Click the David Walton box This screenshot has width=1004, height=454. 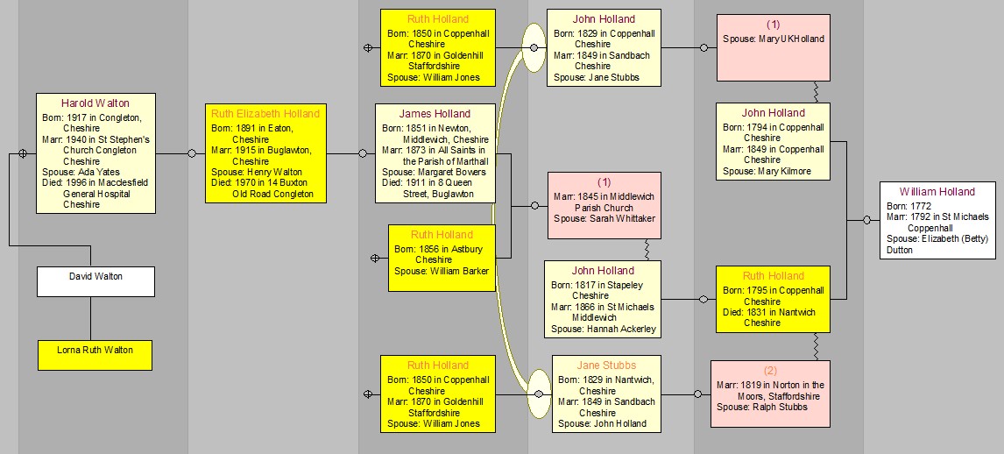[95, 281]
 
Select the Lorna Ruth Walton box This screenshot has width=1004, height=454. [95, 355]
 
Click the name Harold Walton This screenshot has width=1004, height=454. [95, 103]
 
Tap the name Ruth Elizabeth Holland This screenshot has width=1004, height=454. [265, 114]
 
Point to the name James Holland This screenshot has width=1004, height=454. [435, 114]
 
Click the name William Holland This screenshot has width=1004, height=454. [937, 192]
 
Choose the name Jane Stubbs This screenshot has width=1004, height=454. [606, 365]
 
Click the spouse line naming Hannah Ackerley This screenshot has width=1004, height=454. [603, 330]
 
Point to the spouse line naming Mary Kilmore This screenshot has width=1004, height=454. [767, 172]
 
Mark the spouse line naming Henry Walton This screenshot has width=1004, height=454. [256, 173]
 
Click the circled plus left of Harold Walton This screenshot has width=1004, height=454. [23, 153]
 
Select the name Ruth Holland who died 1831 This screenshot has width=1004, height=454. [773, 276]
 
